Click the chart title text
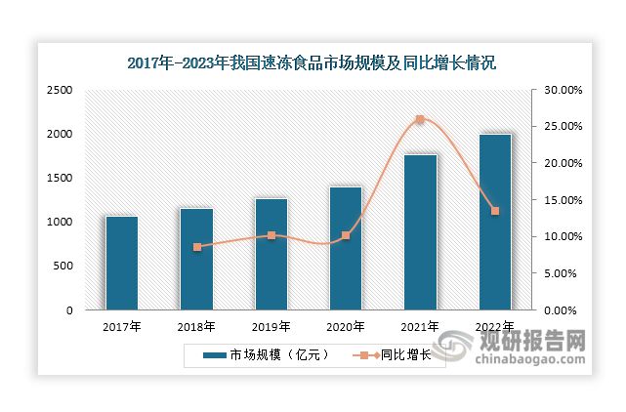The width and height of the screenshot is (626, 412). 313,63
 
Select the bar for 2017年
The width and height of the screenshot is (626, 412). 122,263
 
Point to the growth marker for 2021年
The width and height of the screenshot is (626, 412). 420,119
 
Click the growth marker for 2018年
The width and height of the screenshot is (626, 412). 196,247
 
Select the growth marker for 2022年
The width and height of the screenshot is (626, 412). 494,211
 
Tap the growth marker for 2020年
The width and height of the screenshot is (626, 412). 346,236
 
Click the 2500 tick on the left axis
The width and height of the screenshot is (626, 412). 61,90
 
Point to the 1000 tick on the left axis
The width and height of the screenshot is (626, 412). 61,222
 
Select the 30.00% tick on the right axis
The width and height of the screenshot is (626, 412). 563,90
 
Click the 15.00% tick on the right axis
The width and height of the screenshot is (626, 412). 563,200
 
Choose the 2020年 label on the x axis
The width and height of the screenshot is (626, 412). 346,327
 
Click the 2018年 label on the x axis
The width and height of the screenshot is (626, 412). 196,327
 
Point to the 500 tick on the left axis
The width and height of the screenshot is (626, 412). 63,266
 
